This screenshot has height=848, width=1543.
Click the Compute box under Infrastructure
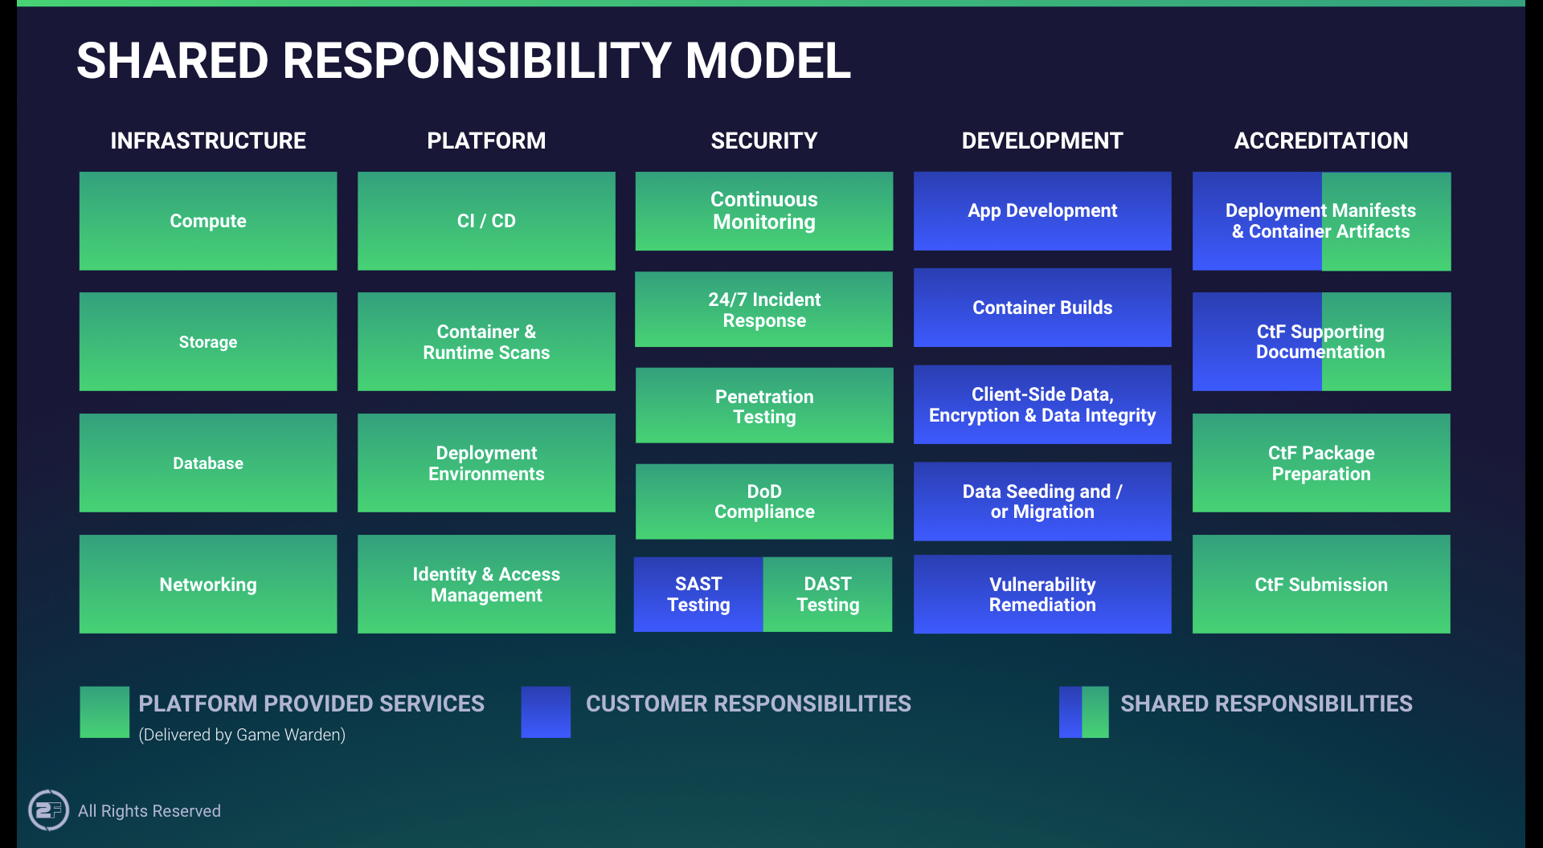click(x=208, y=221)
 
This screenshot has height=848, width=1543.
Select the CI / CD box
click(x=486, y=221)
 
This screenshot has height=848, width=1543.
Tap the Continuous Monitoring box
click(x=764, y=211)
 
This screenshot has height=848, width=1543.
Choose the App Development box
click(x=1042, y=211)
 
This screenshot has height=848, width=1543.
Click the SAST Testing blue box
click(x=698, y=594)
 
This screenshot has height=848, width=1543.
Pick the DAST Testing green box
click(x=828, y=594)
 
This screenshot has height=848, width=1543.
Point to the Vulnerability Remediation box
click(x=1042, y=594)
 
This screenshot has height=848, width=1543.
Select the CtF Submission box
click(x=1321, y=585)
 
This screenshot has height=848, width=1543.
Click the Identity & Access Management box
click(x=486, y=585)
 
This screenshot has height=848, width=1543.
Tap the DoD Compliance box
click(x=764, y=502)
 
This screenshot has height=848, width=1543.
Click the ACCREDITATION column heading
click(x=1321, y=141)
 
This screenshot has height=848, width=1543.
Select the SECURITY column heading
click(x=764, y=141)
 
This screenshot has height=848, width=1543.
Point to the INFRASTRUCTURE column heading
click(x=208, y=141)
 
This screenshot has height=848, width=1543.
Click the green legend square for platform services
click(x=104, y=711)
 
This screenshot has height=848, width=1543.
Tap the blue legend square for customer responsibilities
click(x=546, y=711)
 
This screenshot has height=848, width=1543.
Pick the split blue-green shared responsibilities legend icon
click(x=1083, y=711)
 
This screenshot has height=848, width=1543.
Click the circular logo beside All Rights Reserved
click(x=48, y=810)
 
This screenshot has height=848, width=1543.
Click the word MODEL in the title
click(x=767, y=61)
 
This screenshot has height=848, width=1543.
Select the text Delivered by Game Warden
click(x=242, y=735)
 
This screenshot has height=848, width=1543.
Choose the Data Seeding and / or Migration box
click(x=1042, y=502)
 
